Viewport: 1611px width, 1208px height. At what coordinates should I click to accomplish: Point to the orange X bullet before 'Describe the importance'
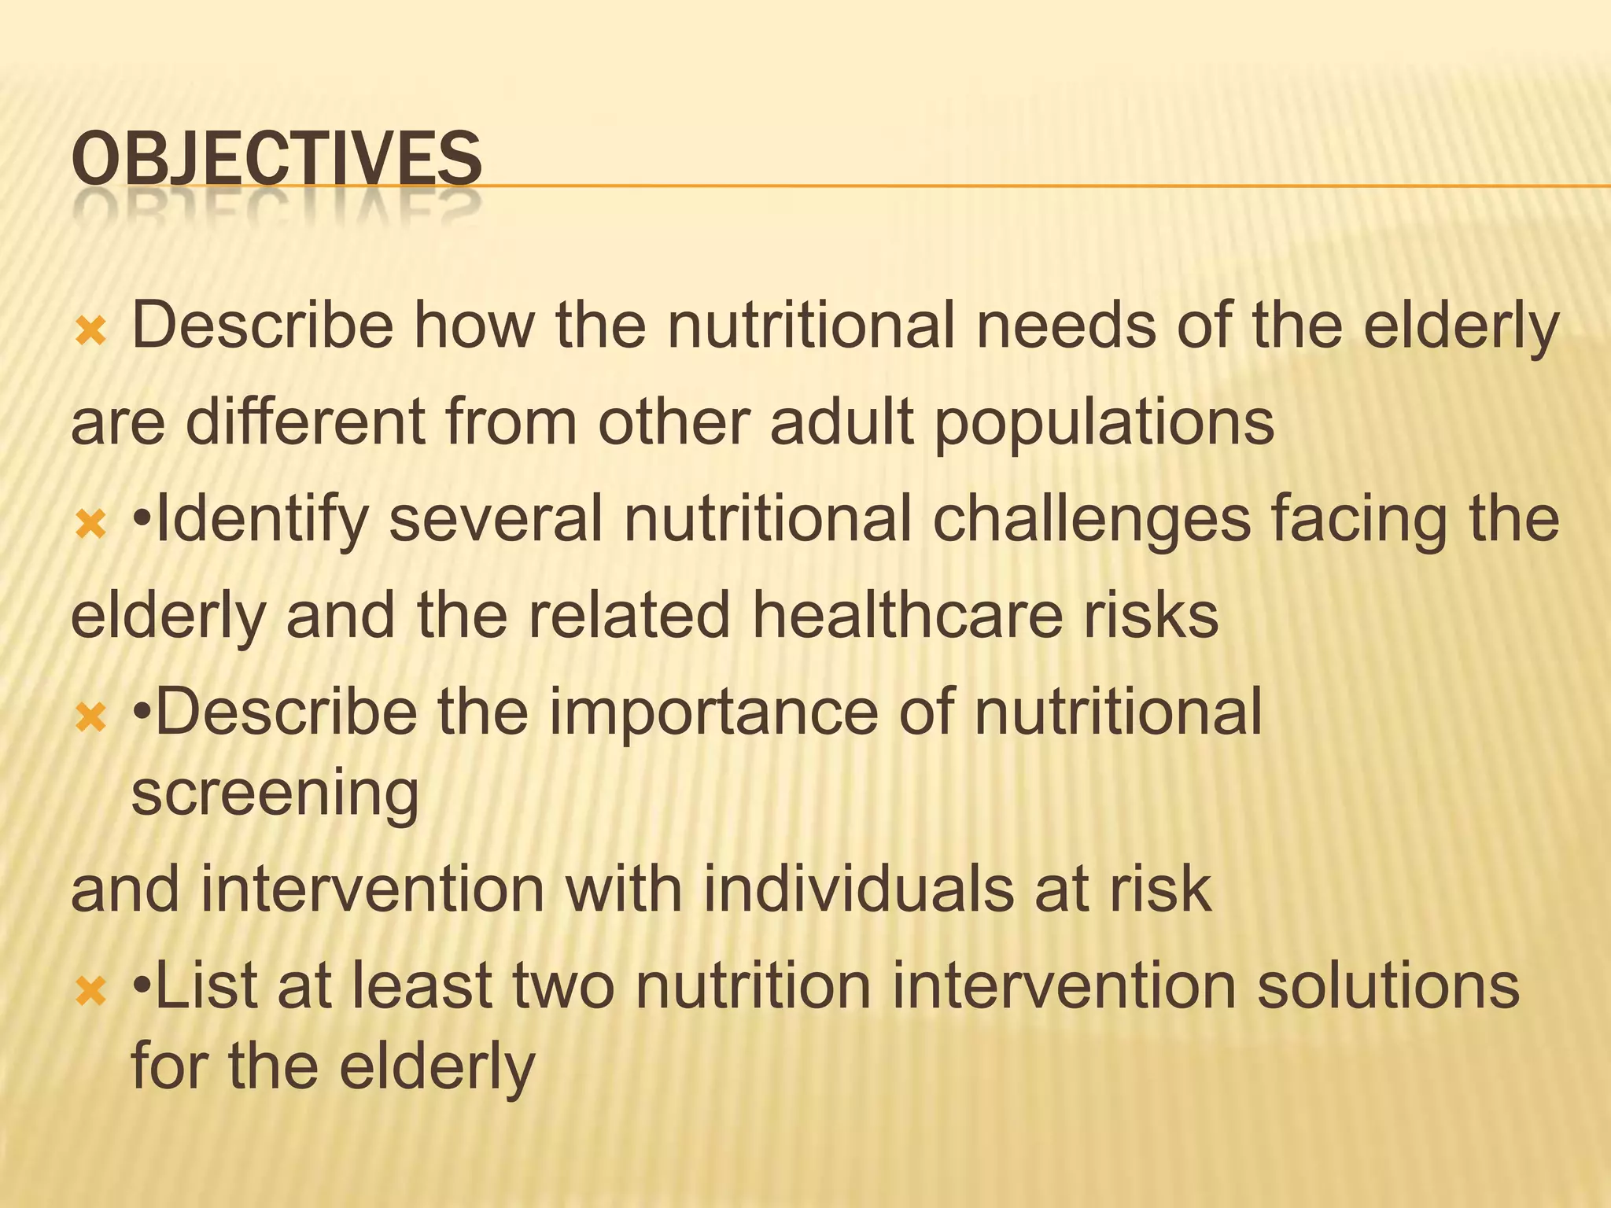click(90, 717)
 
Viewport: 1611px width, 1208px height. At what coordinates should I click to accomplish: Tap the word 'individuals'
click(857, 889)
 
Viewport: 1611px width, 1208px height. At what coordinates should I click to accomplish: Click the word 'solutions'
click(1388, 986)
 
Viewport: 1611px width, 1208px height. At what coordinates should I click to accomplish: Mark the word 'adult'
click(842, 422)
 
